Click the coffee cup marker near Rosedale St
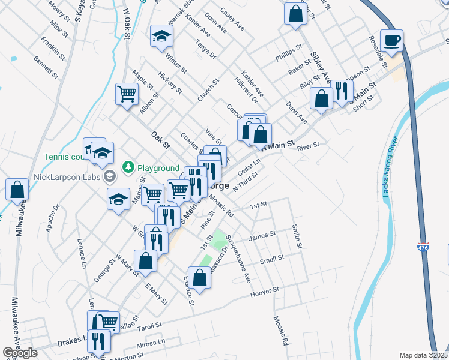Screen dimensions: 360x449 (x=391, y=41)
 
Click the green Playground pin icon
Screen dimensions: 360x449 (x=128, y=167)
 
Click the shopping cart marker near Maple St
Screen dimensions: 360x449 (x=127, y=94)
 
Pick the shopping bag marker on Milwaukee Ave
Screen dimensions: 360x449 (x=17, y=189)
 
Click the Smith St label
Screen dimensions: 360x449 (x=296, y=236)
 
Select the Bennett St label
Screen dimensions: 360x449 (x=46, y=68)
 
